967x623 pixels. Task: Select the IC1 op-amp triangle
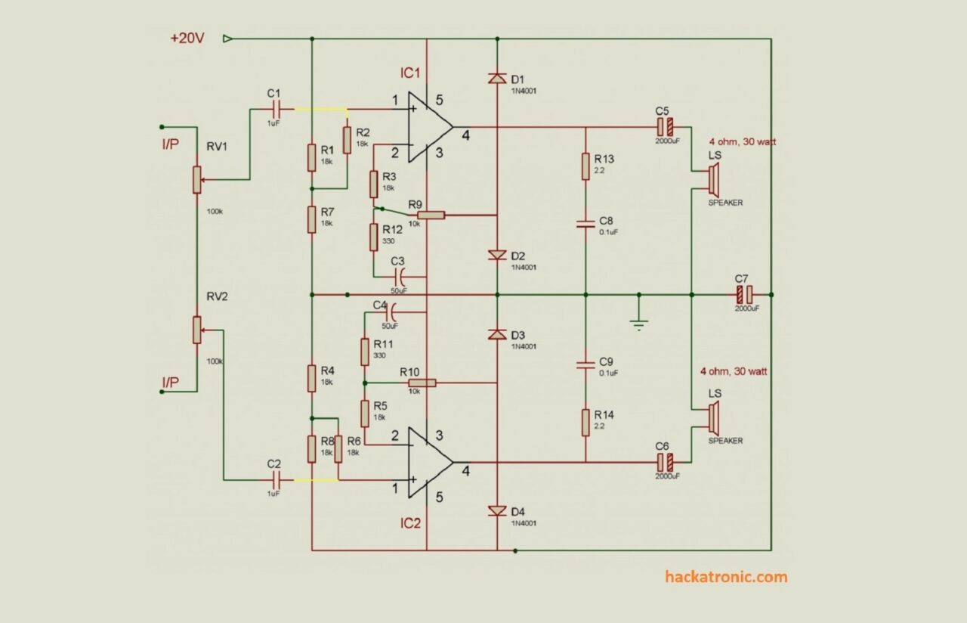(x=427, y=127)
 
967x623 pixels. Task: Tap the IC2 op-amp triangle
(x=427, y=462)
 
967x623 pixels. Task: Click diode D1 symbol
(x=497, y=78)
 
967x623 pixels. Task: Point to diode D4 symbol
(x=497, y=512)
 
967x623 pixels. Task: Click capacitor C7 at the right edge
(x=744, y=294)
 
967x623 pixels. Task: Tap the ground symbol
(x=639, y=323)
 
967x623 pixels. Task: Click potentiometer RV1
(x=196, y=180)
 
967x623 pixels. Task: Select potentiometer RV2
(x=196, y=330)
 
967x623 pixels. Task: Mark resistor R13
(x=585, y=166)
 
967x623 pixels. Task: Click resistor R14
(x=585, y=423)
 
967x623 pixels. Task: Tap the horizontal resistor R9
(x=431, y=215)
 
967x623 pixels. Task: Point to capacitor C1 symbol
(x=276, y=109)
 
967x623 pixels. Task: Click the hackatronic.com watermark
(x=726, y=577)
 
